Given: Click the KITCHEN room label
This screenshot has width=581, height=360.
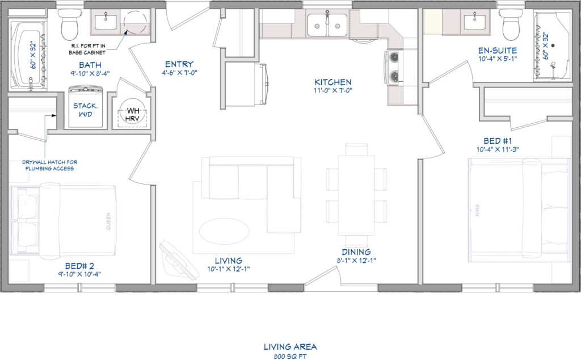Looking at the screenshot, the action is tap(332, 82).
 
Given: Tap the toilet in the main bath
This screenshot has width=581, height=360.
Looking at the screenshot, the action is tap(70, 24).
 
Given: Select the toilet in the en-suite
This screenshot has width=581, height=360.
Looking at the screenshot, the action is tap(511, 24).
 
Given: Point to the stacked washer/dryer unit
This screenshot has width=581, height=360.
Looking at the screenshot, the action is tap(86, 107).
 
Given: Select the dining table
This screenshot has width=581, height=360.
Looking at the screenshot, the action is tap(356, 195).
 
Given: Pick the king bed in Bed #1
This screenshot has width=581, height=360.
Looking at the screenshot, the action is tap(519, 211).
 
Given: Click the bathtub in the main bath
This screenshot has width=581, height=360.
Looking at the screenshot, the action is tap(28, 55).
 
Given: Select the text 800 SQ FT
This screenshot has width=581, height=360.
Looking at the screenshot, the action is tap(290, 357).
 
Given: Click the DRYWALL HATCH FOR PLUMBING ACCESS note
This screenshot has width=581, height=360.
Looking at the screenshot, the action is tap(50, 165).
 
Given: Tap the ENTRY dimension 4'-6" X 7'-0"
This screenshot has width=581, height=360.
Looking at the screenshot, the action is tap(179, 73).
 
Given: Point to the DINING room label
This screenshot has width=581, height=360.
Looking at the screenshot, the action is tap(356, 252).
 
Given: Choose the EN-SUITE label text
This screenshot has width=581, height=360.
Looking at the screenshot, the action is tap(497, 51).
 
